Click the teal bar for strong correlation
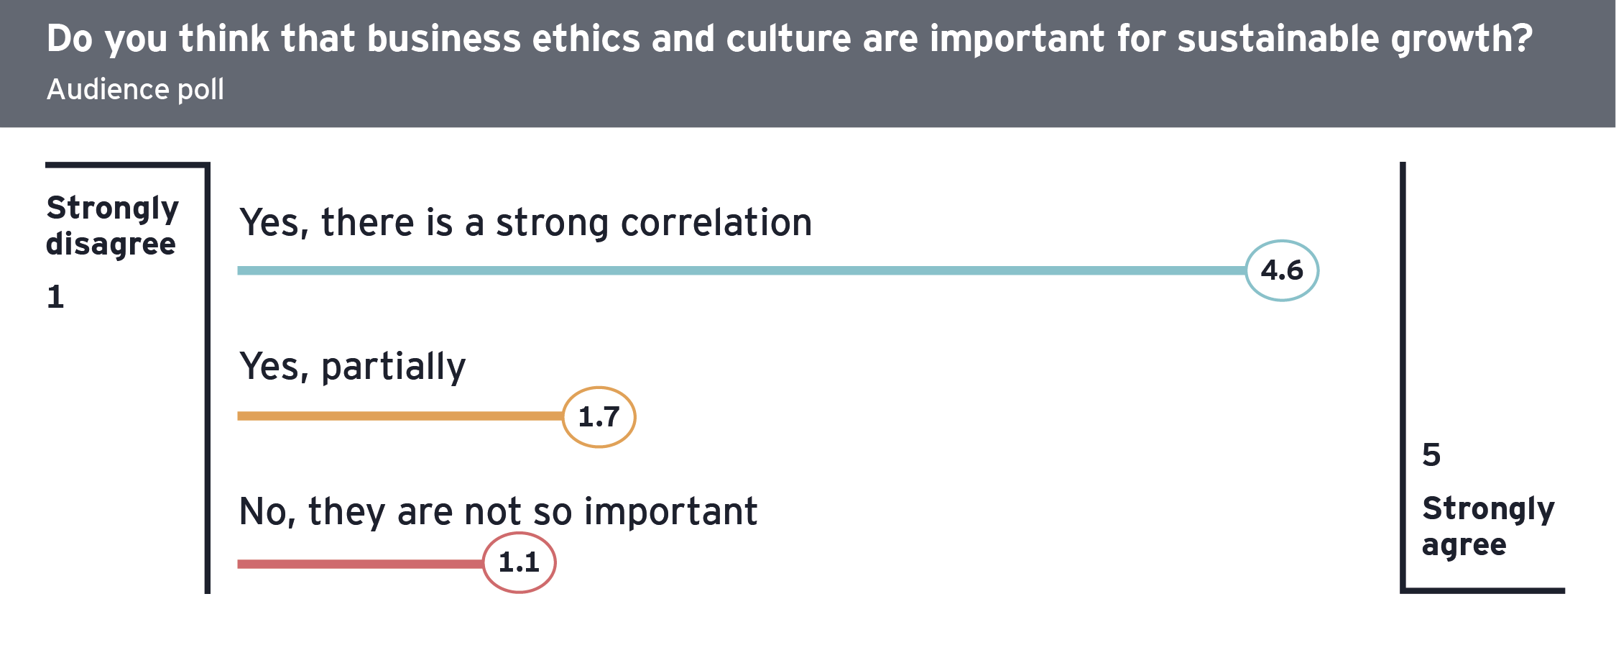click(x=742, y=270)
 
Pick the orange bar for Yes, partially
click(x=400, y=416)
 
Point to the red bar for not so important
click(x=360, y=564)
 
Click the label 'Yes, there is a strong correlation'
click(x=526, y=223)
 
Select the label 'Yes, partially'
click(x=352, y=367)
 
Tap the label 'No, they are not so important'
click(x=498, y=512)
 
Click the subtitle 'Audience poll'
click(x=135, y=90)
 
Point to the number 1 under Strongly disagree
click(x=55, y=296)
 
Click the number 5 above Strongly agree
click(x=1431, y=455)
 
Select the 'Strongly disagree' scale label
click(x=112, y=226)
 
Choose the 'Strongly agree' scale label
click(x=1488, y=526)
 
